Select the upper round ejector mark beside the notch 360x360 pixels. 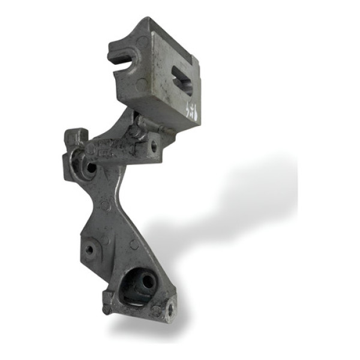point(142,42)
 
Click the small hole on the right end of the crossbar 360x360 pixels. point(154,146)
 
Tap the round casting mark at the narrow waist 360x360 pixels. point(106,206)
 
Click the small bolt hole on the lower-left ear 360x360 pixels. point(89,249)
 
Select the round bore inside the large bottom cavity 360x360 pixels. point(146,281)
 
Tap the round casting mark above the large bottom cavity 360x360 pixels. point(134,245)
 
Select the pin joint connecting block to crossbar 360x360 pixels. point(137,129)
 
